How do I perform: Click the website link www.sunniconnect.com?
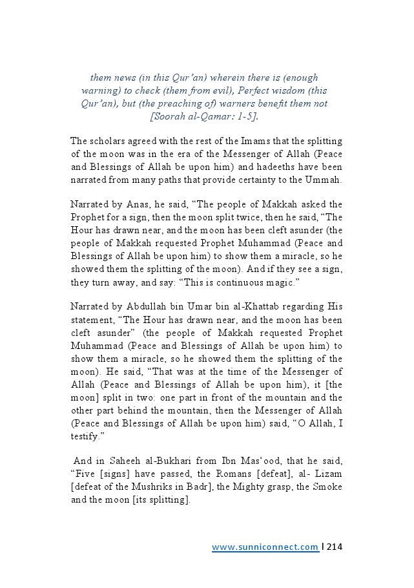pyautogui.click(x=265, y=547)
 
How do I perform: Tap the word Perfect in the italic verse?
pyautogui.click(x=236, y=90)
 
